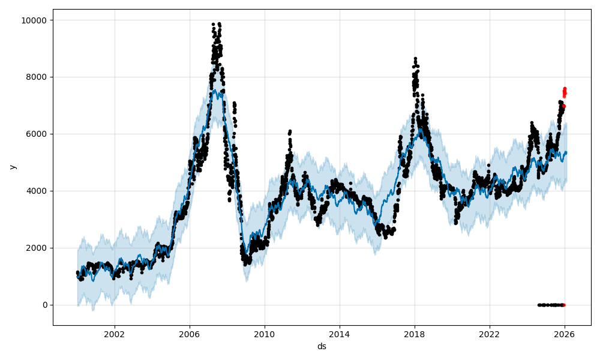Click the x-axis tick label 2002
pos(115,334)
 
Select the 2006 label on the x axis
pos(190,334)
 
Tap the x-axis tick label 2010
pos(265,334)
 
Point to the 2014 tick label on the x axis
pos(340,334)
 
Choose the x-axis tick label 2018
pos(415,334)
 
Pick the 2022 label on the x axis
pos(490,334)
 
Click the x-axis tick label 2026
pos(565,334)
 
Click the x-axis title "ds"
pos(322,346)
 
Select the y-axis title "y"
pos(12,167)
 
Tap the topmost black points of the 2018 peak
pos(415,59)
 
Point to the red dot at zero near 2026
pos(564,305)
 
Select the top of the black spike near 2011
pos(290,131)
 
